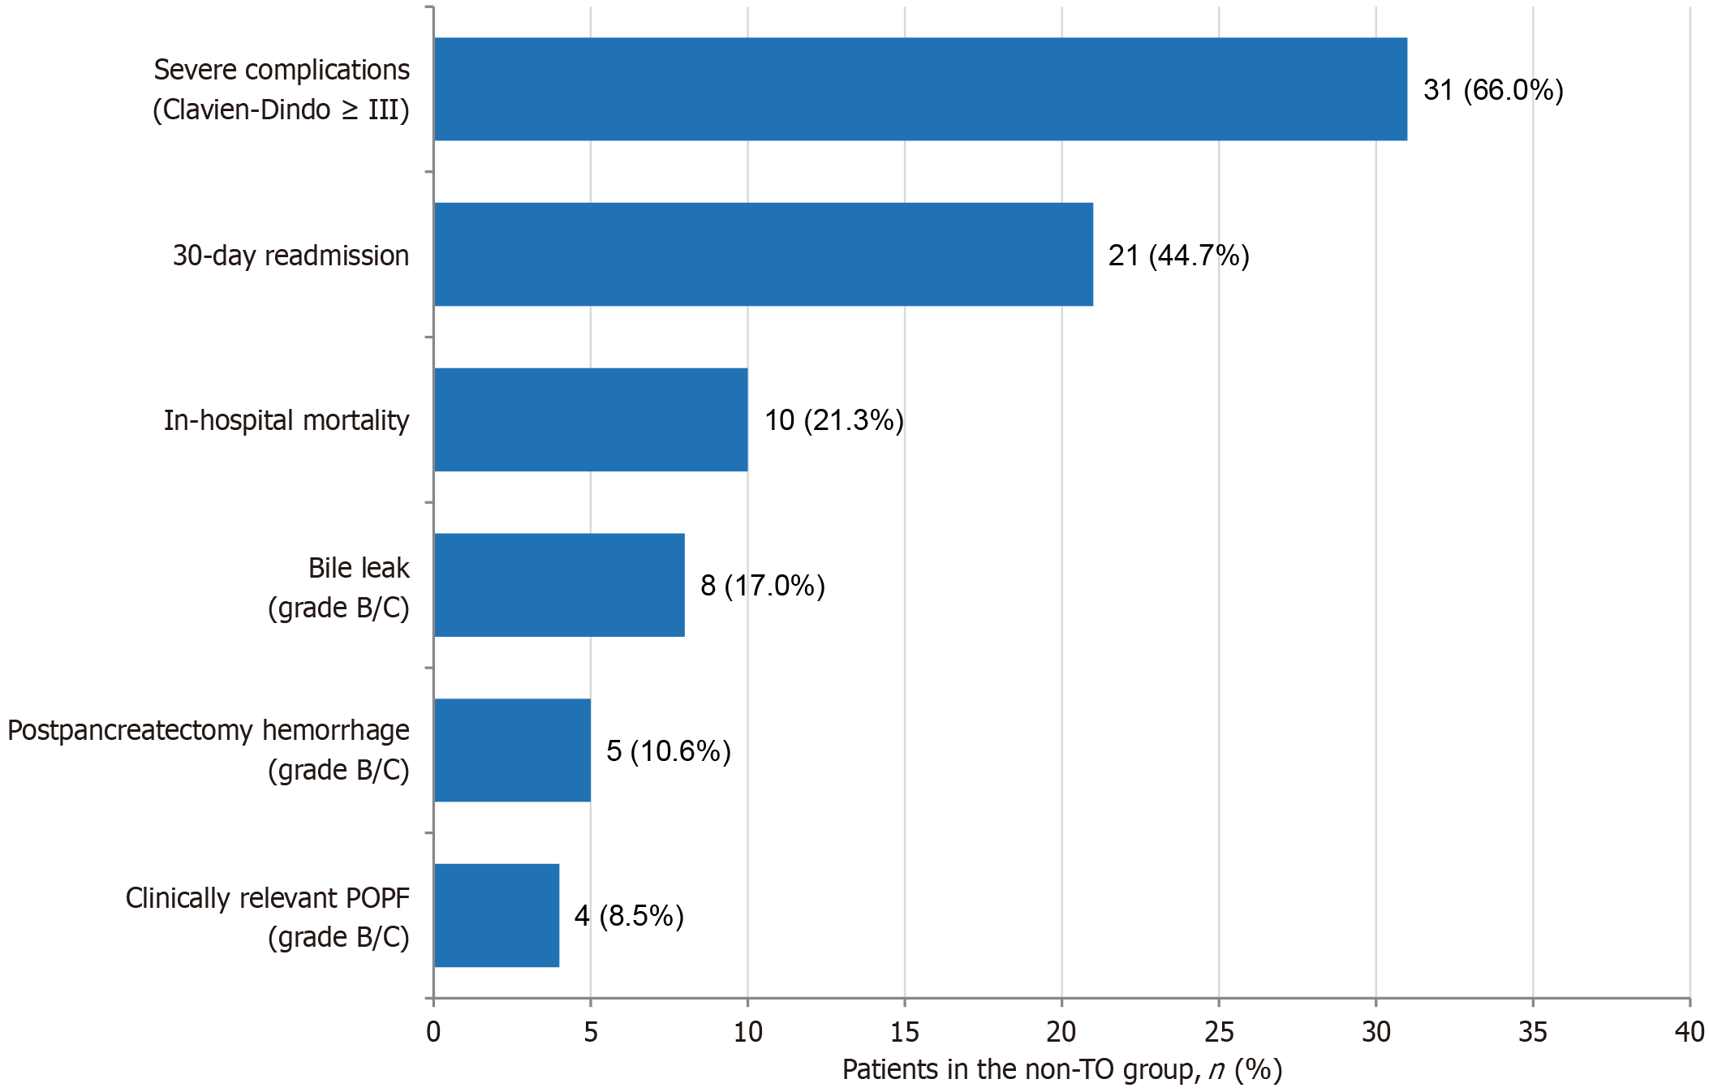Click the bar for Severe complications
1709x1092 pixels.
[921, 89]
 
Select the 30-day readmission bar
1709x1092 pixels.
[764, 254]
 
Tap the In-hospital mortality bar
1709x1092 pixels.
[592, 419]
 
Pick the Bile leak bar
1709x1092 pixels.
[560, 585]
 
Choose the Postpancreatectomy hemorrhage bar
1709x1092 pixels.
[513, 750]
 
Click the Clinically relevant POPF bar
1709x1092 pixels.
[497, 915]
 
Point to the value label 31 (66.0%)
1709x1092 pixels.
[1493, 90]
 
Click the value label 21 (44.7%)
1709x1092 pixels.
[1179, 256]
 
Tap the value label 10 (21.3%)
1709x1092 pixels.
[834, 420]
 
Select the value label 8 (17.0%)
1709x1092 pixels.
[763, 586]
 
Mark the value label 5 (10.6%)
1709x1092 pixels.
[669, 751]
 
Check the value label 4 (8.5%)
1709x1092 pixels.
[629, 916]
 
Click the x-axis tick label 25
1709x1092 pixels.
[1219, 1032]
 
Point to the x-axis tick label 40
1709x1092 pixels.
[1690, 1032]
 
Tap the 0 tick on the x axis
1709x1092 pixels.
[433, 1032]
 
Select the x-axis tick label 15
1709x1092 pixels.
[905, 1032]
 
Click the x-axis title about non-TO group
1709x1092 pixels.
[1062, 1070]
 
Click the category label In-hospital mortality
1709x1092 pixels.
[286, 420]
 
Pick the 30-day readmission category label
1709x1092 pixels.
[291, 256]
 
